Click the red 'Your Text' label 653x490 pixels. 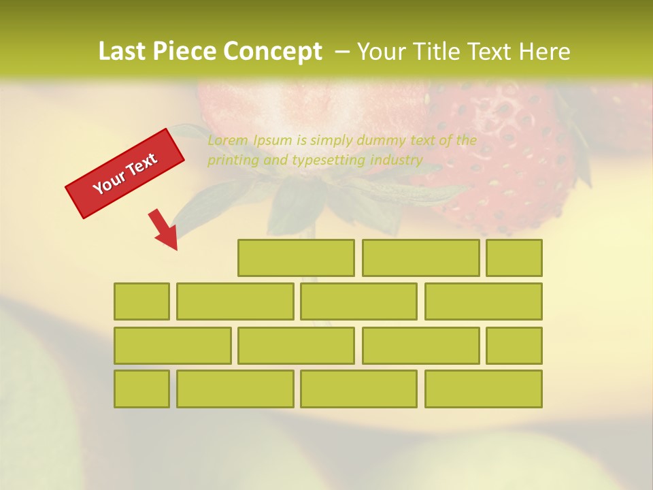pos(124,174)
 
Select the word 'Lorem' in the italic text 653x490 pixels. pos(229,141)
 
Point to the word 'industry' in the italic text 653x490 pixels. pos(397,161)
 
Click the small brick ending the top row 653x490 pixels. pos(514,258)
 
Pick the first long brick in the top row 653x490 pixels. pos(296,258)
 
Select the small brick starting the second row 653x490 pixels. pos(141,301)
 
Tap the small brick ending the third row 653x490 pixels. pos(514,345)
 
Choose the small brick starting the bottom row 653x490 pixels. pos(141,389)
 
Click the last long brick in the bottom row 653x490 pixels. pos(483,389)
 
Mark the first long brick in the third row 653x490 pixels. pos(172,345)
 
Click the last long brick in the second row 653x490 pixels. pos(483,301)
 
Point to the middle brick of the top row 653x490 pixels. pos(420,258)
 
